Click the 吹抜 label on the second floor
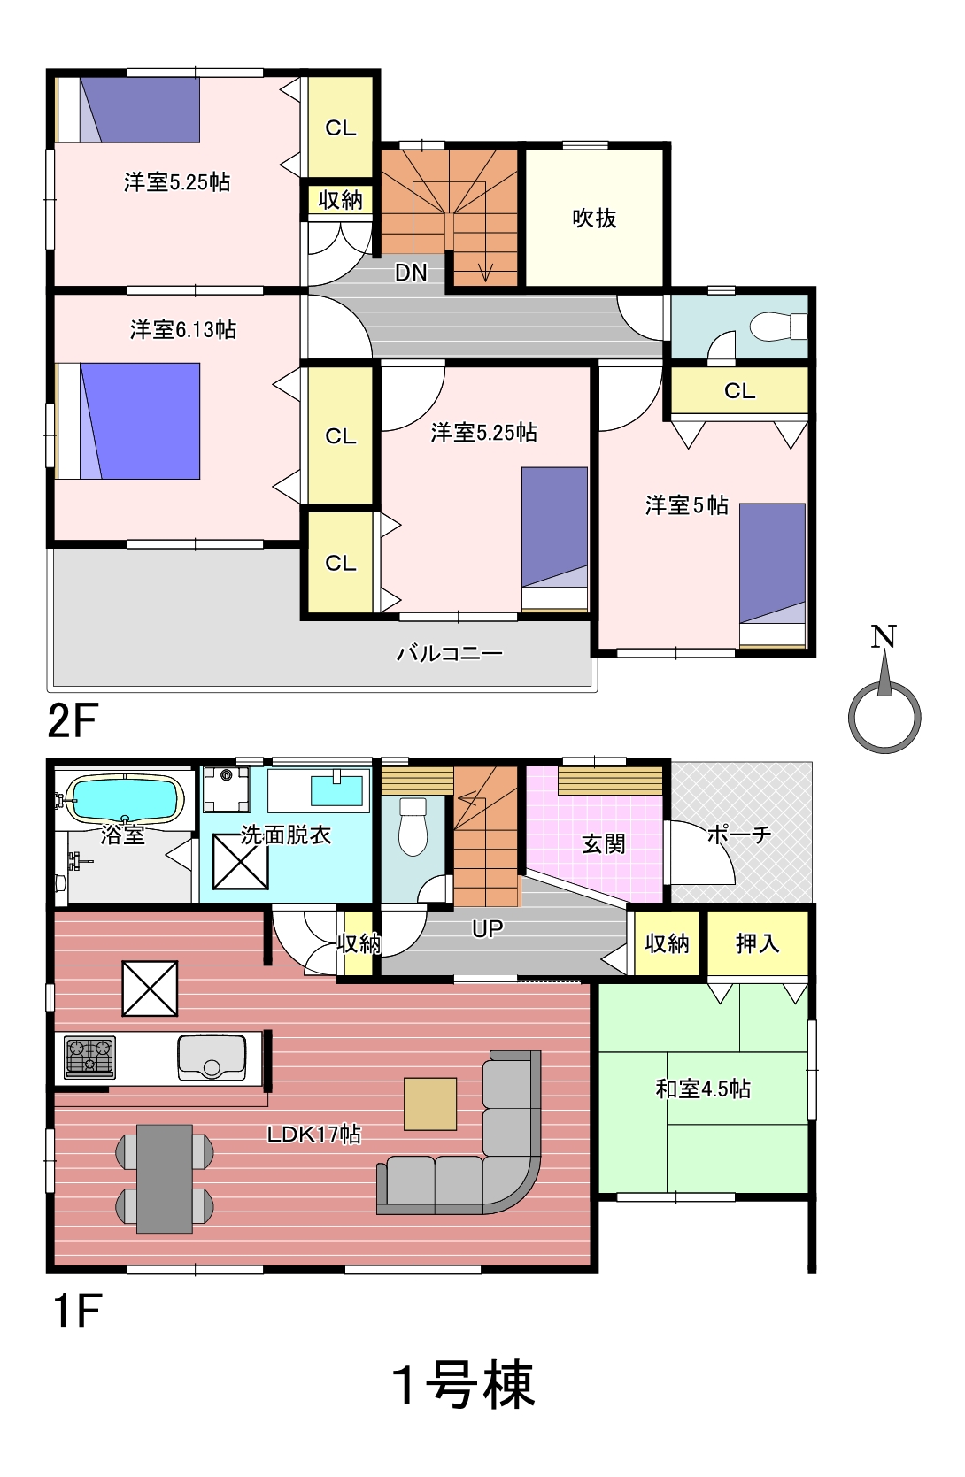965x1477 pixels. [x=594, y=218]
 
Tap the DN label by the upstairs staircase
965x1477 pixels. [x=411, y=273]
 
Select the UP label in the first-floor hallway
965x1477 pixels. [x=488, y=928]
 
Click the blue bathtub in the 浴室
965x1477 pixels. [x=125, y=799]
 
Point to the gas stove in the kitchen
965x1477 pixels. [x=89, y=1058]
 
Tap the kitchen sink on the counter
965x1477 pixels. [x=212, y=1057]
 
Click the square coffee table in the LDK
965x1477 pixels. [x=430, y=1104]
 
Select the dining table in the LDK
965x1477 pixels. [x=165, y=1178]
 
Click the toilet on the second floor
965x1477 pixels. [x=779, y=326]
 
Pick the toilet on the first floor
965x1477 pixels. [x=413, y=827]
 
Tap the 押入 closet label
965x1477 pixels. [x=757, y=943]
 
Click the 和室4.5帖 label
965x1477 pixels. [x=703, y=1088]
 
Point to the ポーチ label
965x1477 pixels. [x=738, y=835]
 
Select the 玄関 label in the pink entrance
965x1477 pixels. [x=603, y=844]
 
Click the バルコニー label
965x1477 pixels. [x=449, y=653]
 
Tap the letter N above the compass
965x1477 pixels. [x=884, y=636]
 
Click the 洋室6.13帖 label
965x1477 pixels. [x=182, y=329]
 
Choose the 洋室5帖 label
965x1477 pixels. [x=687, y=505]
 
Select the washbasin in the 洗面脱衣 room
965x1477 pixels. [x=336, y=790]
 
